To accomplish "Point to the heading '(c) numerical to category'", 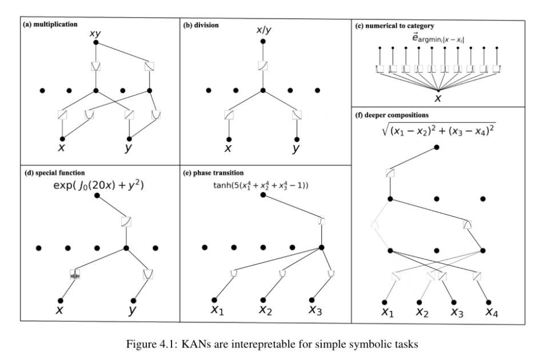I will click(x=396, y=26).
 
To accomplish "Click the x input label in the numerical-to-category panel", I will click(x=438, y=98).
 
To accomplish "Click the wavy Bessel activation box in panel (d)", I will click(x=74, y=274).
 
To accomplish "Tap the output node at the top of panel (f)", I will click(x=437, y=147).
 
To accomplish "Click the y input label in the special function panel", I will click(x=133, y=311).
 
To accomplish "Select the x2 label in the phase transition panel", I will click(x=265, y=310).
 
